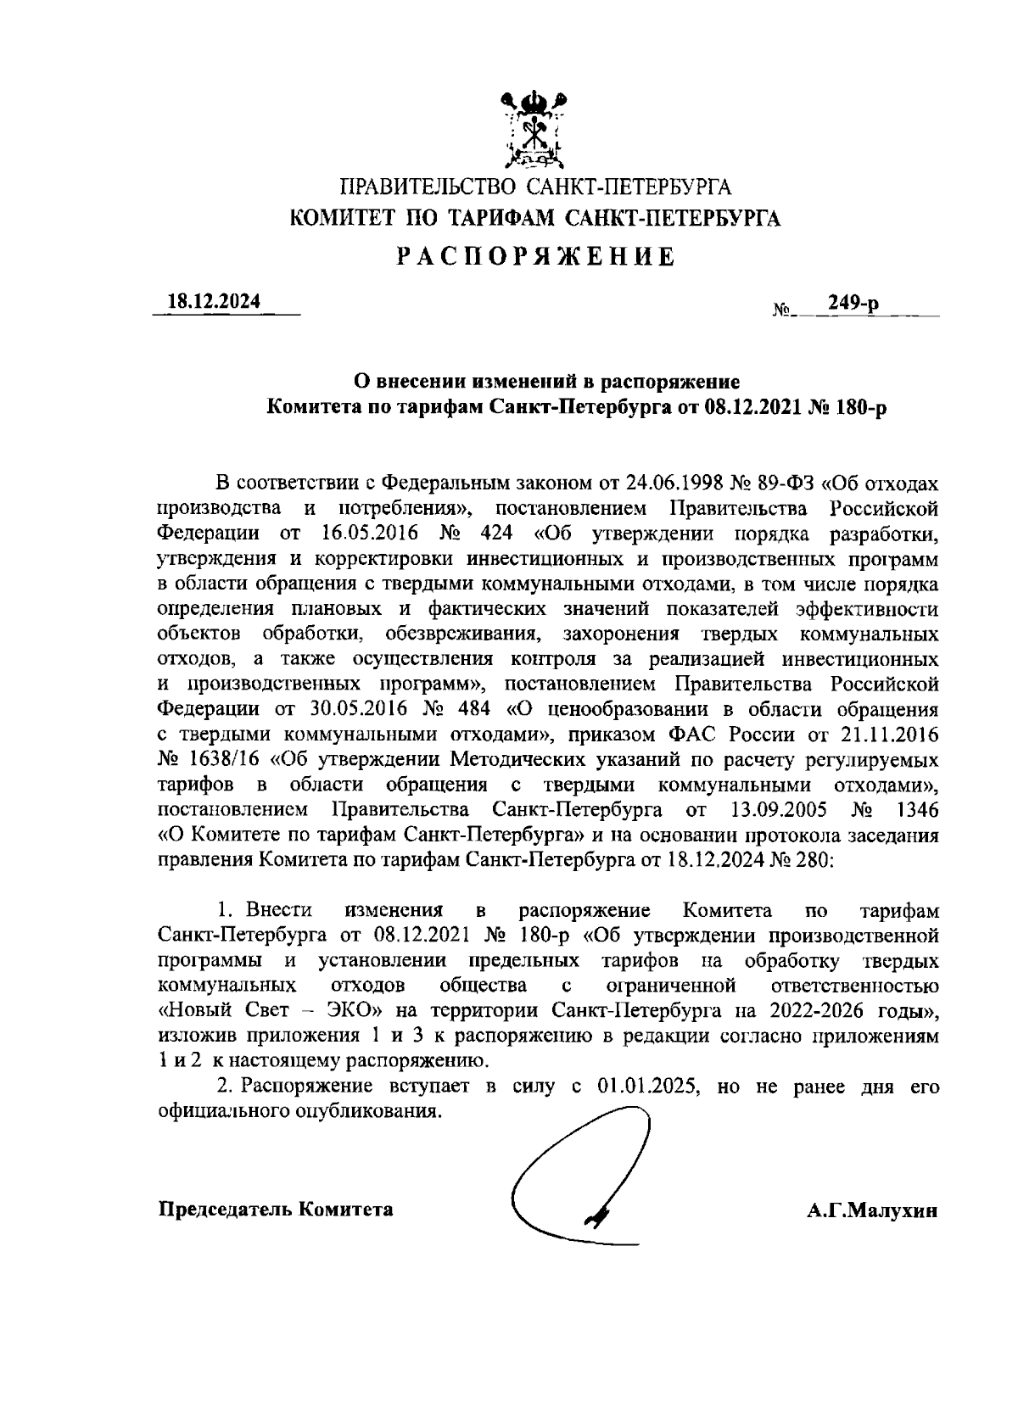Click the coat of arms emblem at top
coord(534,130)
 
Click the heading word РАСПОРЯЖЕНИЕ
coord(536,257)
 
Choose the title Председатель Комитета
coord(277,1209)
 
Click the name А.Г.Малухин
coord(873,1210)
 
